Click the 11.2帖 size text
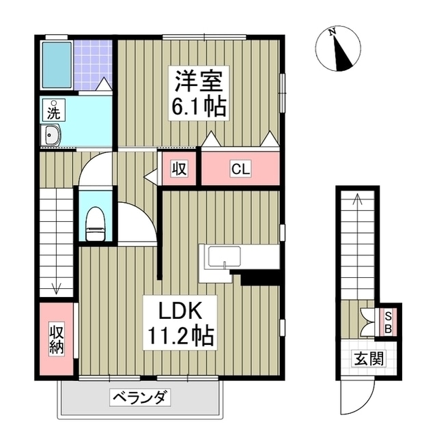[x=179, y=336]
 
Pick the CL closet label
[x=239, y=168]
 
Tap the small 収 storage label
[x=179, y=168]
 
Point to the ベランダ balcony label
[x=139, y=397]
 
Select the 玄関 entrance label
[x=367, y=358]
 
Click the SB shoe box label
[x=388, y=321]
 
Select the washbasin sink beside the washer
[x=51, y=136]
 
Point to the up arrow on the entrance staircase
[x=355, y=199]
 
